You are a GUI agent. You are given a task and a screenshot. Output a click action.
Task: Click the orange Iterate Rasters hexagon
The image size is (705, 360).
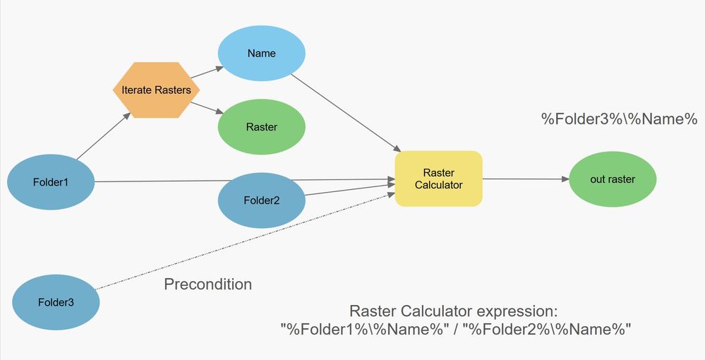tap(157, 90)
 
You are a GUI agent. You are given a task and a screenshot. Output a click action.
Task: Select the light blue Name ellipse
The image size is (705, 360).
tap(261, 54)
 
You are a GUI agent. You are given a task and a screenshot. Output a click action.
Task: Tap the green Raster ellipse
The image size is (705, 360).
tap(261, 127)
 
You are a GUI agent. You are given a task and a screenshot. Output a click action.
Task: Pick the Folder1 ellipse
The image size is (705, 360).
tap(51, 182)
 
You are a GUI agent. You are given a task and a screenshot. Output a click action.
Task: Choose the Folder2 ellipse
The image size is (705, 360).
tap(262, 200)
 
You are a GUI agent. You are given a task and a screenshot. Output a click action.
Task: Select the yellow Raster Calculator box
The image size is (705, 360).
tap(438, 179)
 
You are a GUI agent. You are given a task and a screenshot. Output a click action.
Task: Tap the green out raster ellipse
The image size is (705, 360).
tap(613, 179)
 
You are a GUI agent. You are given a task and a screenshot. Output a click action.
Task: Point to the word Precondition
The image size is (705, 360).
tap(207, 284)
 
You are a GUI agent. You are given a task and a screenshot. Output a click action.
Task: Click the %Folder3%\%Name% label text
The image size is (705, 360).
tap(619, 119)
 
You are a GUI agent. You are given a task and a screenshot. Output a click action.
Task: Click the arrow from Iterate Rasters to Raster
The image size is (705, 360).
tap(207, 107)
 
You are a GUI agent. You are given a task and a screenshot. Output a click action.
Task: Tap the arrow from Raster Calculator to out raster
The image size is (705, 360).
tap(526, 179)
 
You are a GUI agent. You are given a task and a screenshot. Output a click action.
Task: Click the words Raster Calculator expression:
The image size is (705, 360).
tap(454, 311)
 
